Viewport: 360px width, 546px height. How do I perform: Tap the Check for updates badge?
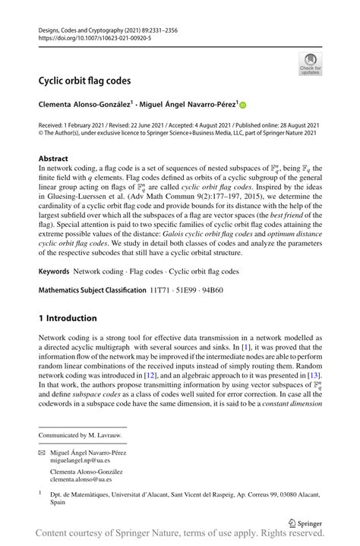point(310,65)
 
